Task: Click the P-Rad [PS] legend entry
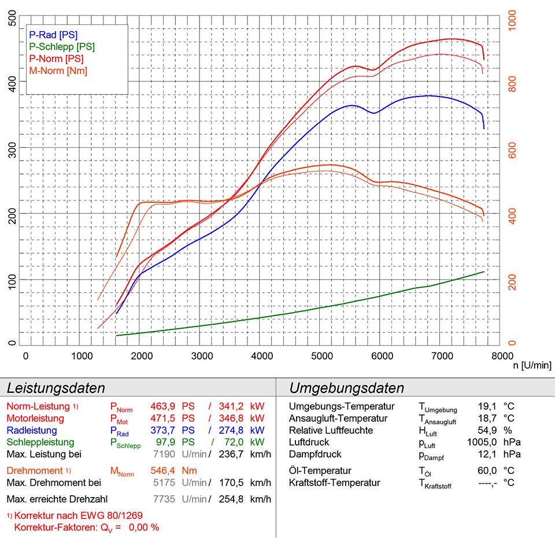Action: coord(53,35)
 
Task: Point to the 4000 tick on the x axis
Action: coord(263,355)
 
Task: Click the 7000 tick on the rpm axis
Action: coord(442,355)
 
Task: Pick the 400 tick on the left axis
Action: coord(12,81)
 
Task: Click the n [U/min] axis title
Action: coord(531,365)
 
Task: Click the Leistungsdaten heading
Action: coord(55,388)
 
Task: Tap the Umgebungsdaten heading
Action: coord(346,388)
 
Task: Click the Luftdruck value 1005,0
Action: coord(478,443)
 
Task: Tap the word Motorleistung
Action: coord(35,418)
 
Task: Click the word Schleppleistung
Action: coord(40,443)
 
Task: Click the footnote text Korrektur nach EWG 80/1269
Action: coord(78,515)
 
